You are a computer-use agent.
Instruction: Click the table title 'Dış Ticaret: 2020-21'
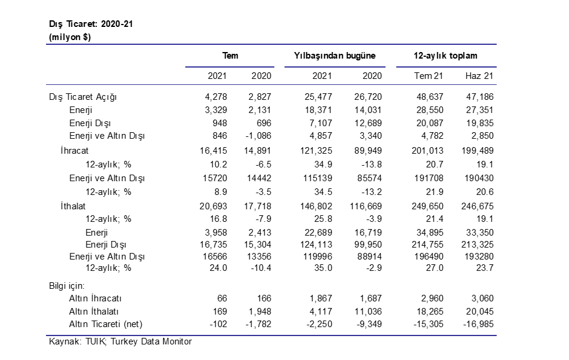pos(91,24)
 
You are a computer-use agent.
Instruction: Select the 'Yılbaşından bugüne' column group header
pos(335,56)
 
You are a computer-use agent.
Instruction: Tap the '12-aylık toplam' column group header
pos(445,56)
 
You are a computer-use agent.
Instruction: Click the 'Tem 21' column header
pos(429,76)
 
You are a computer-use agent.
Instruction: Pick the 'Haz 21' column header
pos(479,76)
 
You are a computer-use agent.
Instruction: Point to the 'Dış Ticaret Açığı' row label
pos(82,97)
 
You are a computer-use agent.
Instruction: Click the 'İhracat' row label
pos(74,150)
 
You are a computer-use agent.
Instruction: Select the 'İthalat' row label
pos(73,206)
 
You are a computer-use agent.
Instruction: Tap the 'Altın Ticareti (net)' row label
pos(106,324)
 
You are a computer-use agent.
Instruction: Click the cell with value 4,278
pos(216,97)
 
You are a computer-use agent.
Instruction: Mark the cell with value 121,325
pos(316,151)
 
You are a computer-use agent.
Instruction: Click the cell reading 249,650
pos(427,206)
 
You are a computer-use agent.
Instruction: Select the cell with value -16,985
pos(478,324)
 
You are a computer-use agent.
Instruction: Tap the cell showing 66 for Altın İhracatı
pos(222,298)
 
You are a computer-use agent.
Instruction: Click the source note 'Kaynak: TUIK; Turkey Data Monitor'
pos(120,341)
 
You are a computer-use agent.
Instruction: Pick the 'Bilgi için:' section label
pos(67,286)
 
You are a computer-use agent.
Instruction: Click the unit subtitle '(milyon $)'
pos(70,37)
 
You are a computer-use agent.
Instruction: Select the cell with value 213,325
pos(478,245)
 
